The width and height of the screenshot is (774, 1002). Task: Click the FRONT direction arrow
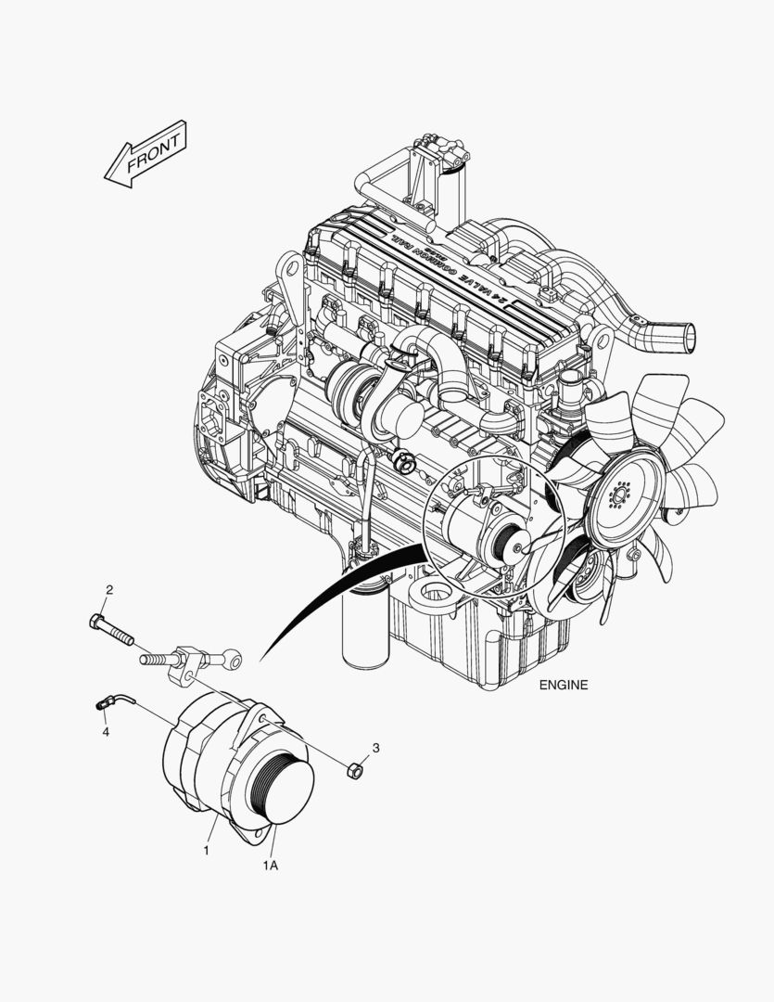click(146, 154)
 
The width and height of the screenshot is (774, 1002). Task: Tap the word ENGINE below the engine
click(563, 687)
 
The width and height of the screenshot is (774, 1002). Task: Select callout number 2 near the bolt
click(108, 590)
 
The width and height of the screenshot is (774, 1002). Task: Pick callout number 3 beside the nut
click(376, 747)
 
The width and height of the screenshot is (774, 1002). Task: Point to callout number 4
click(106, 732)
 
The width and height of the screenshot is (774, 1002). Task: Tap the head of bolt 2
click(97, 620)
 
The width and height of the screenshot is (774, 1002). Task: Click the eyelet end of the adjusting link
click(233, 662)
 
